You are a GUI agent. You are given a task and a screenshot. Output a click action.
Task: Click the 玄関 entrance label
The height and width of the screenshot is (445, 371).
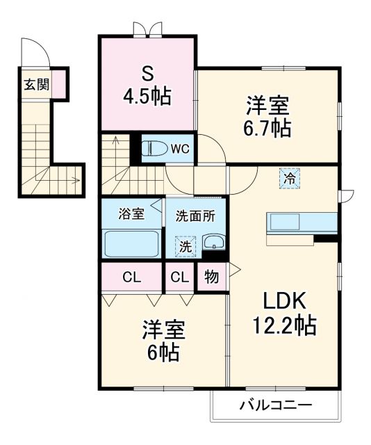(x=36, y=85)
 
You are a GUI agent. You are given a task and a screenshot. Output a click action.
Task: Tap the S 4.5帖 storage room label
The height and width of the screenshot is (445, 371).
(x=147, y=85)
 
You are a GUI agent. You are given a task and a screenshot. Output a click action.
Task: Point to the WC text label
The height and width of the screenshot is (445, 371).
(x=181, y=148)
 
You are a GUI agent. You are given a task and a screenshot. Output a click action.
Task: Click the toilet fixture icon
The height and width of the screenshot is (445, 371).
(x=154, y=149)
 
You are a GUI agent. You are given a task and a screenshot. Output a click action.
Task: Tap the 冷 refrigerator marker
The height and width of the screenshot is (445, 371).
(x=289, y=179)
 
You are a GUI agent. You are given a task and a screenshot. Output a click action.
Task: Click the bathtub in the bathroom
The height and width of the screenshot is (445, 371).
(x=131, y=243)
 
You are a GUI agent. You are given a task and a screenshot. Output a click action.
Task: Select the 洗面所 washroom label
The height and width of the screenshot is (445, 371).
(x=195, y=216)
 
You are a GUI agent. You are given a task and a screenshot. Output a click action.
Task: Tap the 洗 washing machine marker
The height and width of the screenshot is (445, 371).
(x=185, y=245)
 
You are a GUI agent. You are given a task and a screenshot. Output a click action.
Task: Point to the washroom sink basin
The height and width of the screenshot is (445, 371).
(x=213, y=243)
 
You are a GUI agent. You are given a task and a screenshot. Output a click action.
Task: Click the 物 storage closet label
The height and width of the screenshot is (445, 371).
(x=211, y=277)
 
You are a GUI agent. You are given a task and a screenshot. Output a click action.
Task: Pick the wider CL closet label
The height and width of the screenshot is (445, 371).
(x=131, y=277)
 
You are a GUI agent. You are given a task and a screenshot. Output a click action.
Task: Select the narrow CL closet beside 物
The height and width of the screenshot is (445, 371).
(x=179, y=277)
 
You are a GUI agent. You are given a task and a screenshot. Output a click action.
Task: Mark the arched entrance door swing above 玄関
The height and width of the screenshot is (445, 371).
(x=34, y=51)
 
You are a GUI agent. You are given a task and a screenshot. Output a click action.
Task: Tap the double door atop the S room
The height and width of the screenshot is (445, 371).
(x=147, y=30)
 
